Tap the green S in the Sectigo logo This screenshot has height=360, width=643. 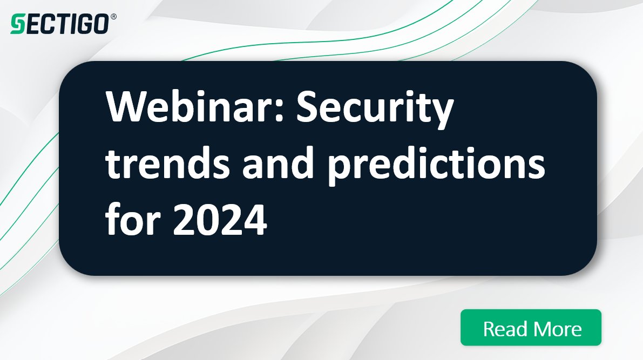17,24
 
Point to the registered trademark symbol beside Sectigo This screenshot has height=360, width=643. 113,17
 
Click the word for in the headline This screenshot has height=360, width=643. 133,219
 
